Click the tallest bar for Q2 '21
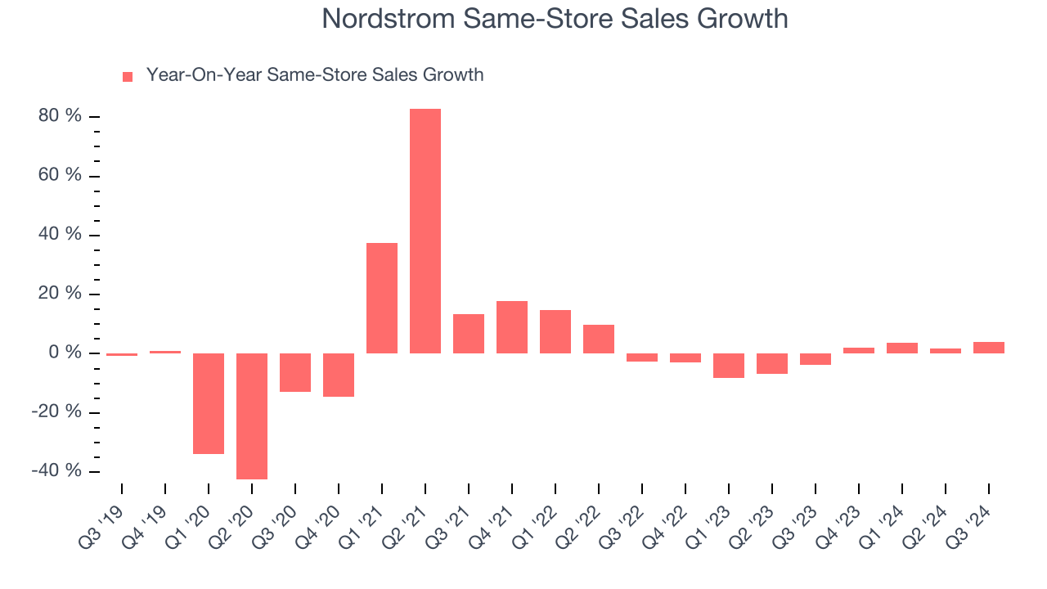click(425, 231)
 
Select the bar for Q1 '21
click(382, 298)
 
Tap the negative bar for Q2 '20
click(252, 416)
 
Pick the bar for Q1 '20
click(209, 403)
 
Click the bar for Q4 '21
click(512, 327)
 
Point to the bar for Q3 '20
click(295, 372)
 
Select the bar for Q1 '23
click(729, 366)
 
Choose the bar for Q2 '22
click(599, 339)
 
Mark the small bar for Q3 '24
click(989, 348)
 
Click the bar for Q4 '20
click(339, 375)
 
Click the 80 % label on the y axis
click(60, 116)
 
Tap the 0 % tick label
click(65, 353)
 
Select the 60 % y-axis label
click(60, 175)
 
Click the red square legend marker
click(128, 76)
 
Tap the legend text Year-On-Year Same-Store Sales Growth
click(315, 75)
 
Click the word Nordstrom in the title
click(389, 18)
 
